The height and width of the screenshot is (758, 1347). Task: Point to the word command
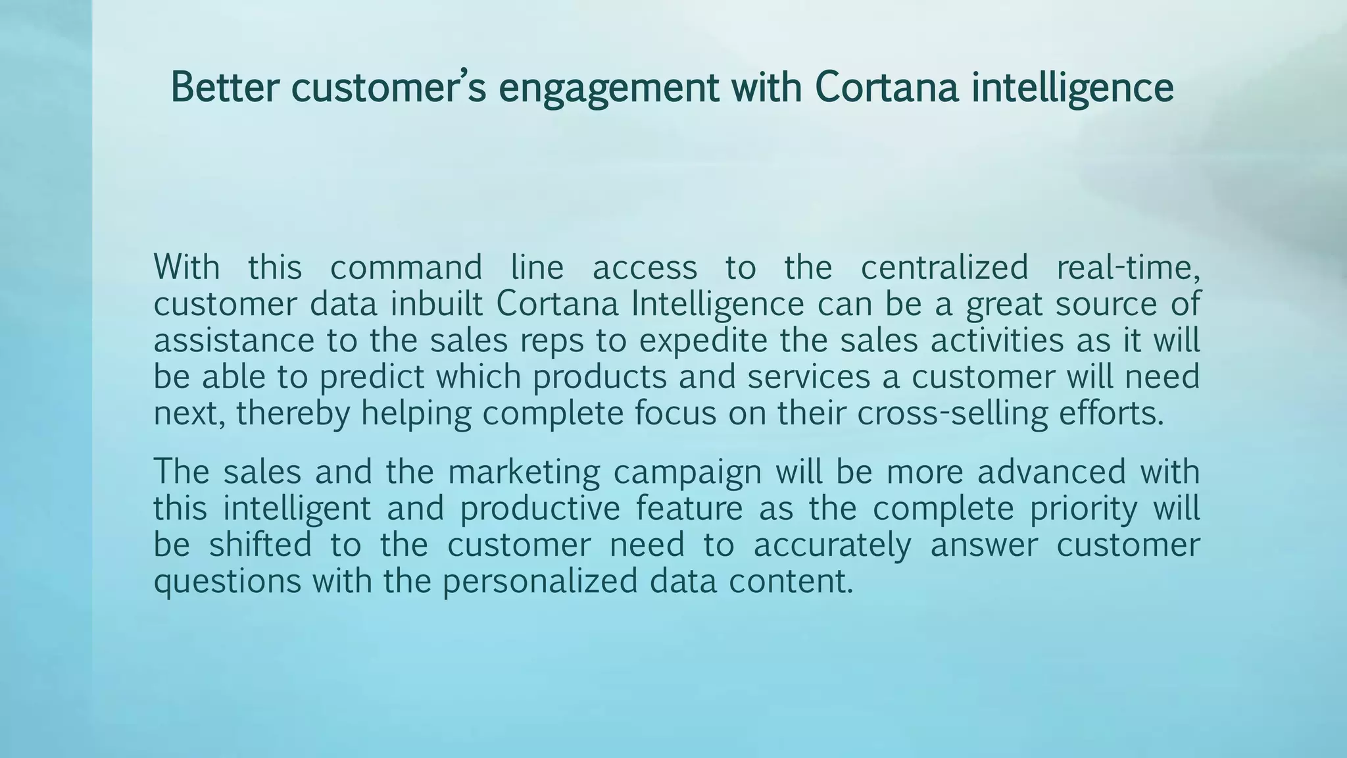[x=406, y=268]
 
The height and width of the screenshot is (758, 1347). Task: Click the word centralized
[x=944, y=268]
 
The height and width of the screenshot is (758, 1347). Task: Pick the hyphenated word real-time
[x=1129, y=268]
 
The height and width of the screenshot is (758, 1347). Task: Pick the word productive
[x=540, y=509]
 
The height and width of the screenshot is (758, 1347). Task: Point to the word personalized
[x=540, y=582]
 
